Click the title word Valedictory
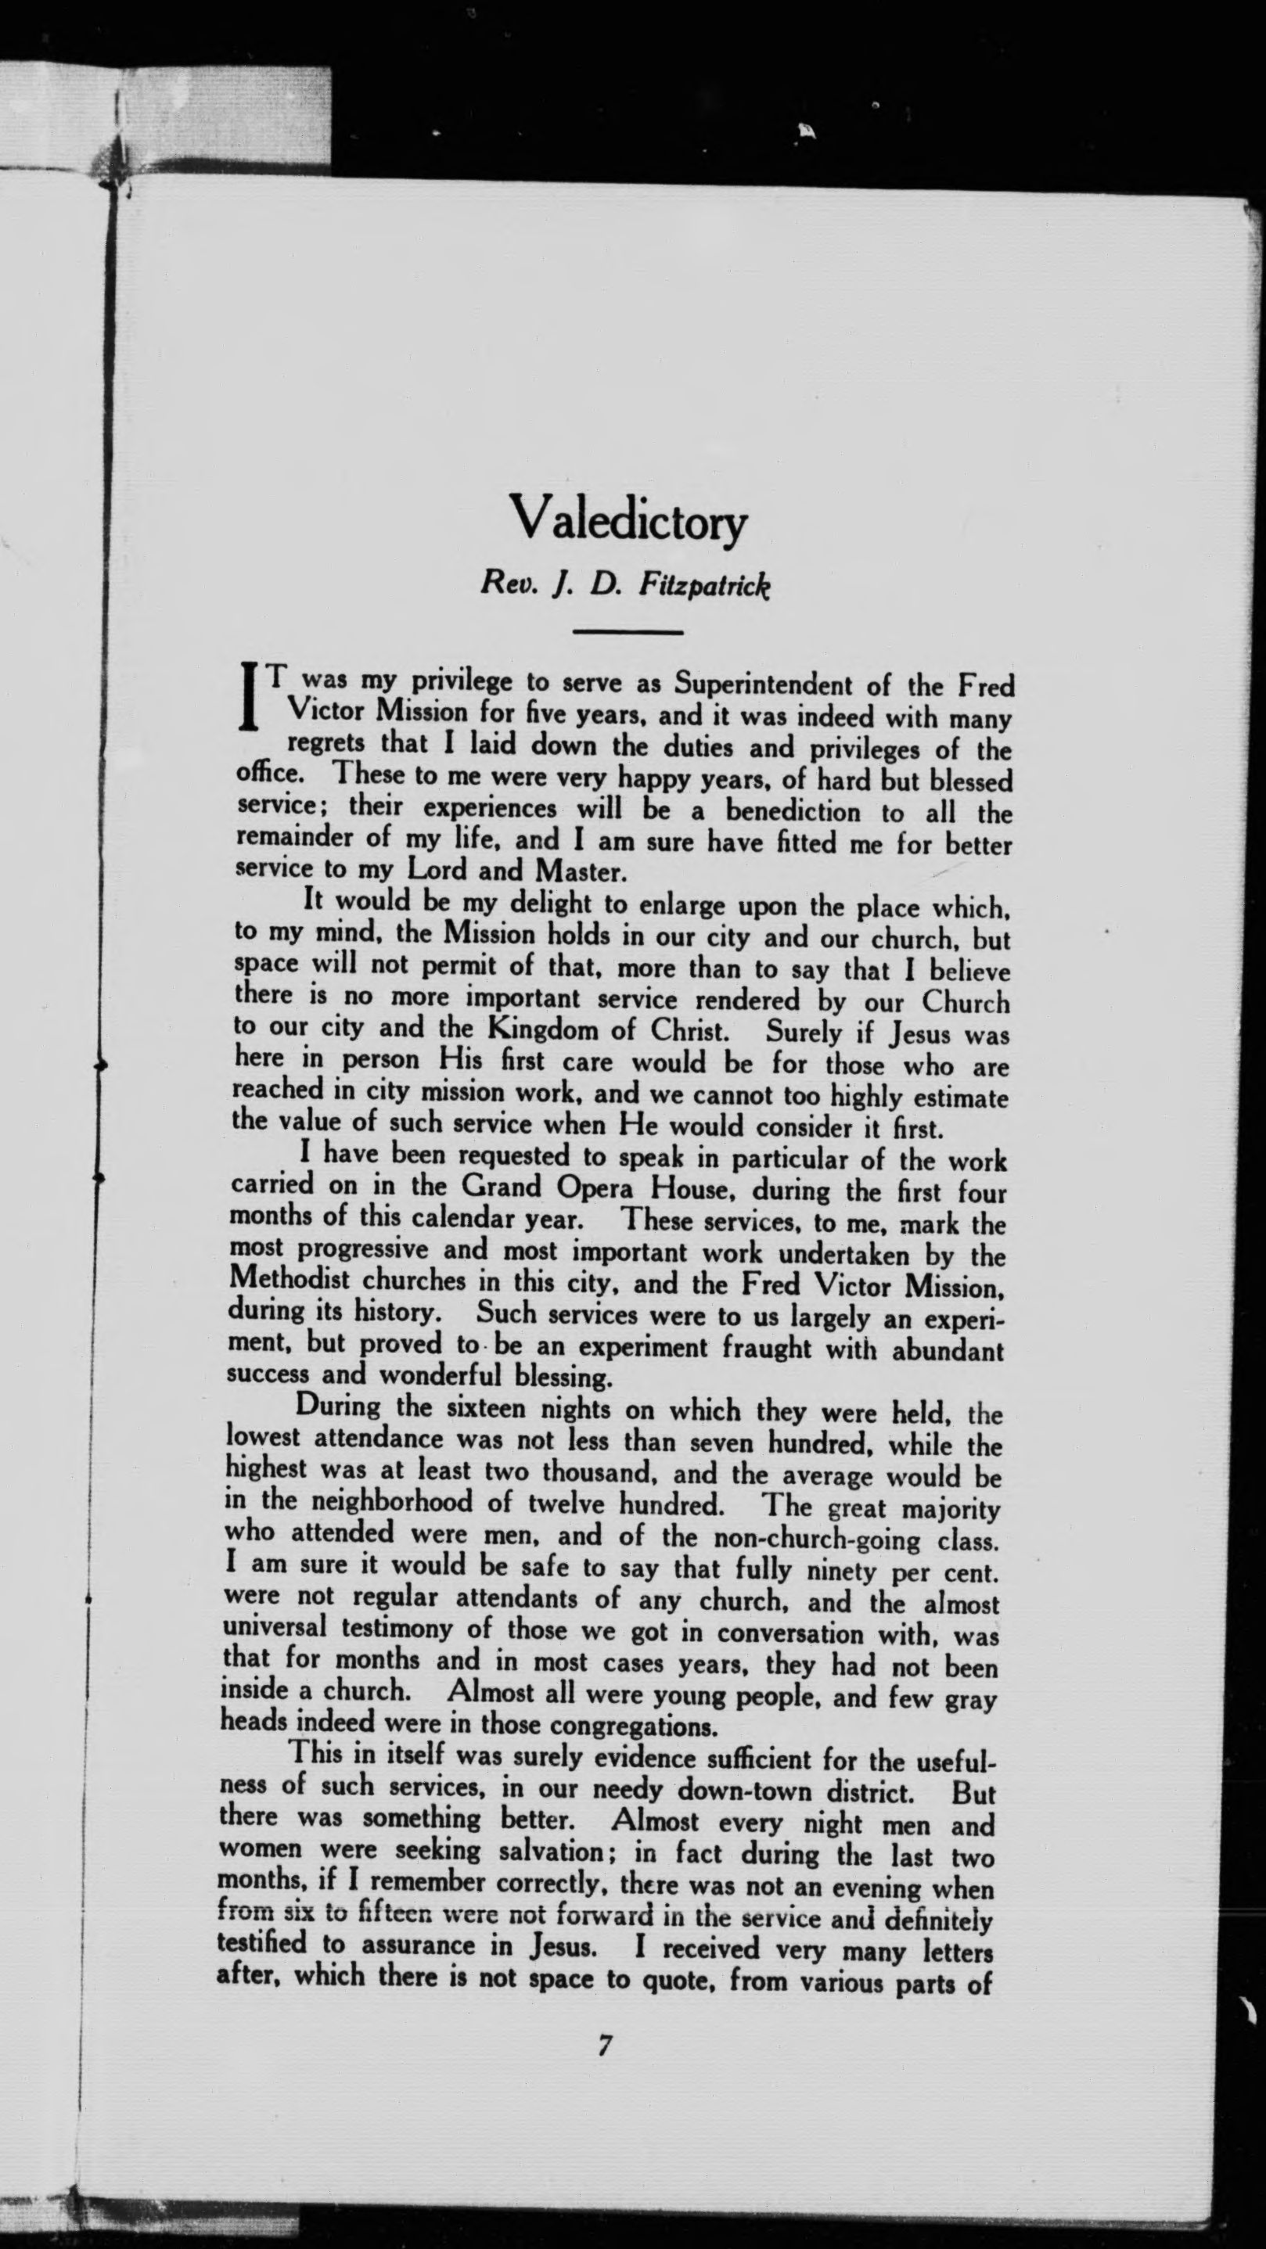[x=628, y=520]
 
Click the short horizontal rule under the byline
[x=628, y=631]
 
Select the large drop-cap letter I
[x=252, y=698]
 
